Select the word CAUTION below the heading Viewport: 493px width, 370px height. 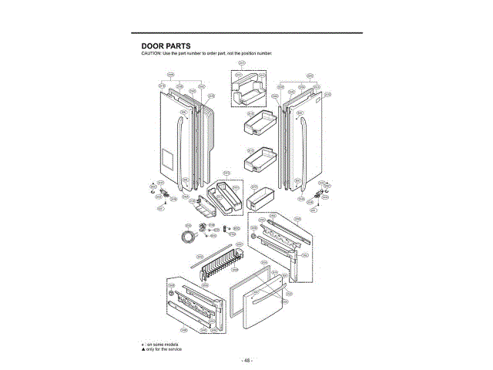click(x=149, y=53)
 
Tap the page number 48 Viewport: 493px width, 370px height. click(x=246, y=360)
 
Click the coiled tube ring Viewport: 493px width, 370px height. click(x=186, y=234)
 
